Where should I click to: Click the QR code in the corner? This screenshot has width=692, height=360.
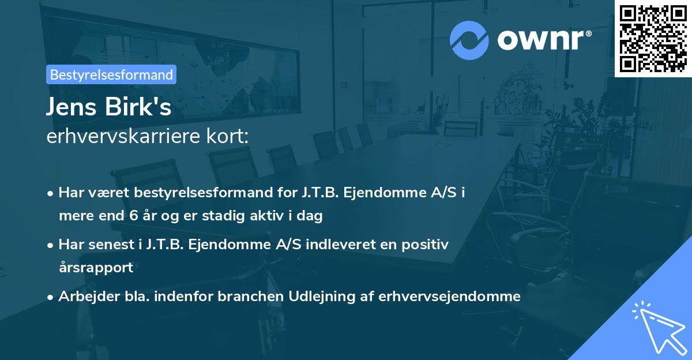[653, 39]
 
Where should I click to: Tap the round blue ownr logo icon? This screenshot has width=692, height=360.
[469, 40]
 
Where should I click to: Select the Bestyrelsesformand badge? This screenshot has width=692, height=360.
[111, 74]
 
